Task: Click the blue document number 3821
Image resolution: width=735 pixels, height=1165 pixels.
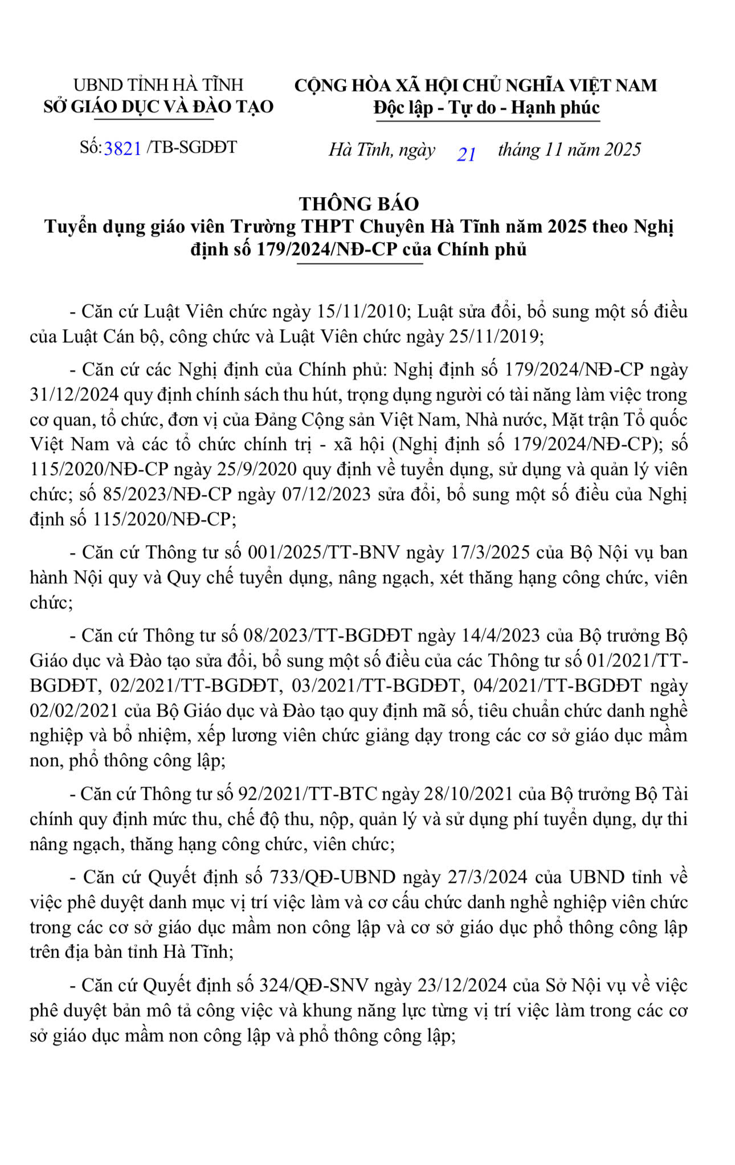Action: (122, 148)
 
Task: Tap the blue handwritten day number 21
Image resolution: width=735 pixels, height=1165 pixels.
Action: (467, 154)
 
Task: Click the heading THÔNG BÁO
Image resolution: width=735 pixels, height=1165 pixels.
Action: (359, 203)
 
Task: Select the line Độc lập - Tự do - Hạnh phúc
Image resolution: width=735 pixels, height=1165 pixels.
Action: (487, 108)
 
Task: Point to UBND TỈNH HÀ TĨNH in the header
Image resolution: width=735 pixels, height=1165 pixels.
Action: (158, 85)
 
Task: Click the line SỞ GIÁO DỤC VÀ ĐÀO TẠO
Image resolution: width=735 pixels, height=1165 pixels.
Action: (158, 107)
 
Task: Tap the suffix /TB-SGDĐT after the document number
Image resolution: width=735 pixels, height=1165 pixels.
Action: (191, 147)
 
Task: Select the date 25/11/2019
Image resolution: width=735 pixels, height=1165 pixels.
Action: (494, 336)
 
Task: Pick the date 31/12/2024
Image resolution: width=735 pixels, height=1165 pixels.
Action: (74, 394)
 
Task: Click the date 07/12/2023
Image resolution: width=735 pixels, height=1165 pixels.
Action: (326, 493)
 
